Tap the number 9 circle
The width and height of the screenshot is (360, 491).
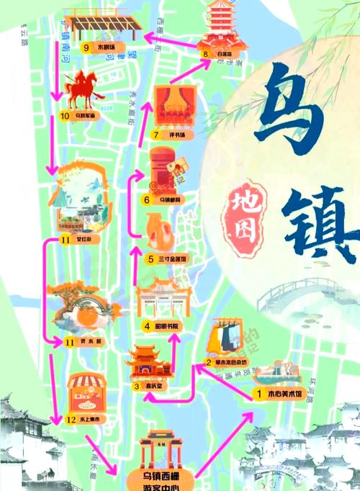pos(86,48)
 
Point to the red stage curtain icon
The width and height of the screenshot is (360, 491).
pos(172,107)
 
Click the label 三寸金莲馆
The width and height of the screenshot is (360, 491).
pos(175,259)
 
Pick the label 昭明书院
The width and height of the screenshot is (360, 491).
pos(168,326)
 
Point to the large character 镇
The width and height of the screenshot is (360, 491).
pos(317,216)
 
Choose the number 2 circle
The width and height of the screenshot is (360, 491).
pos(208,362)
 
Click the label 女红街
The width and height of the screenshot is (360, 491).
pos(87,239)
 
